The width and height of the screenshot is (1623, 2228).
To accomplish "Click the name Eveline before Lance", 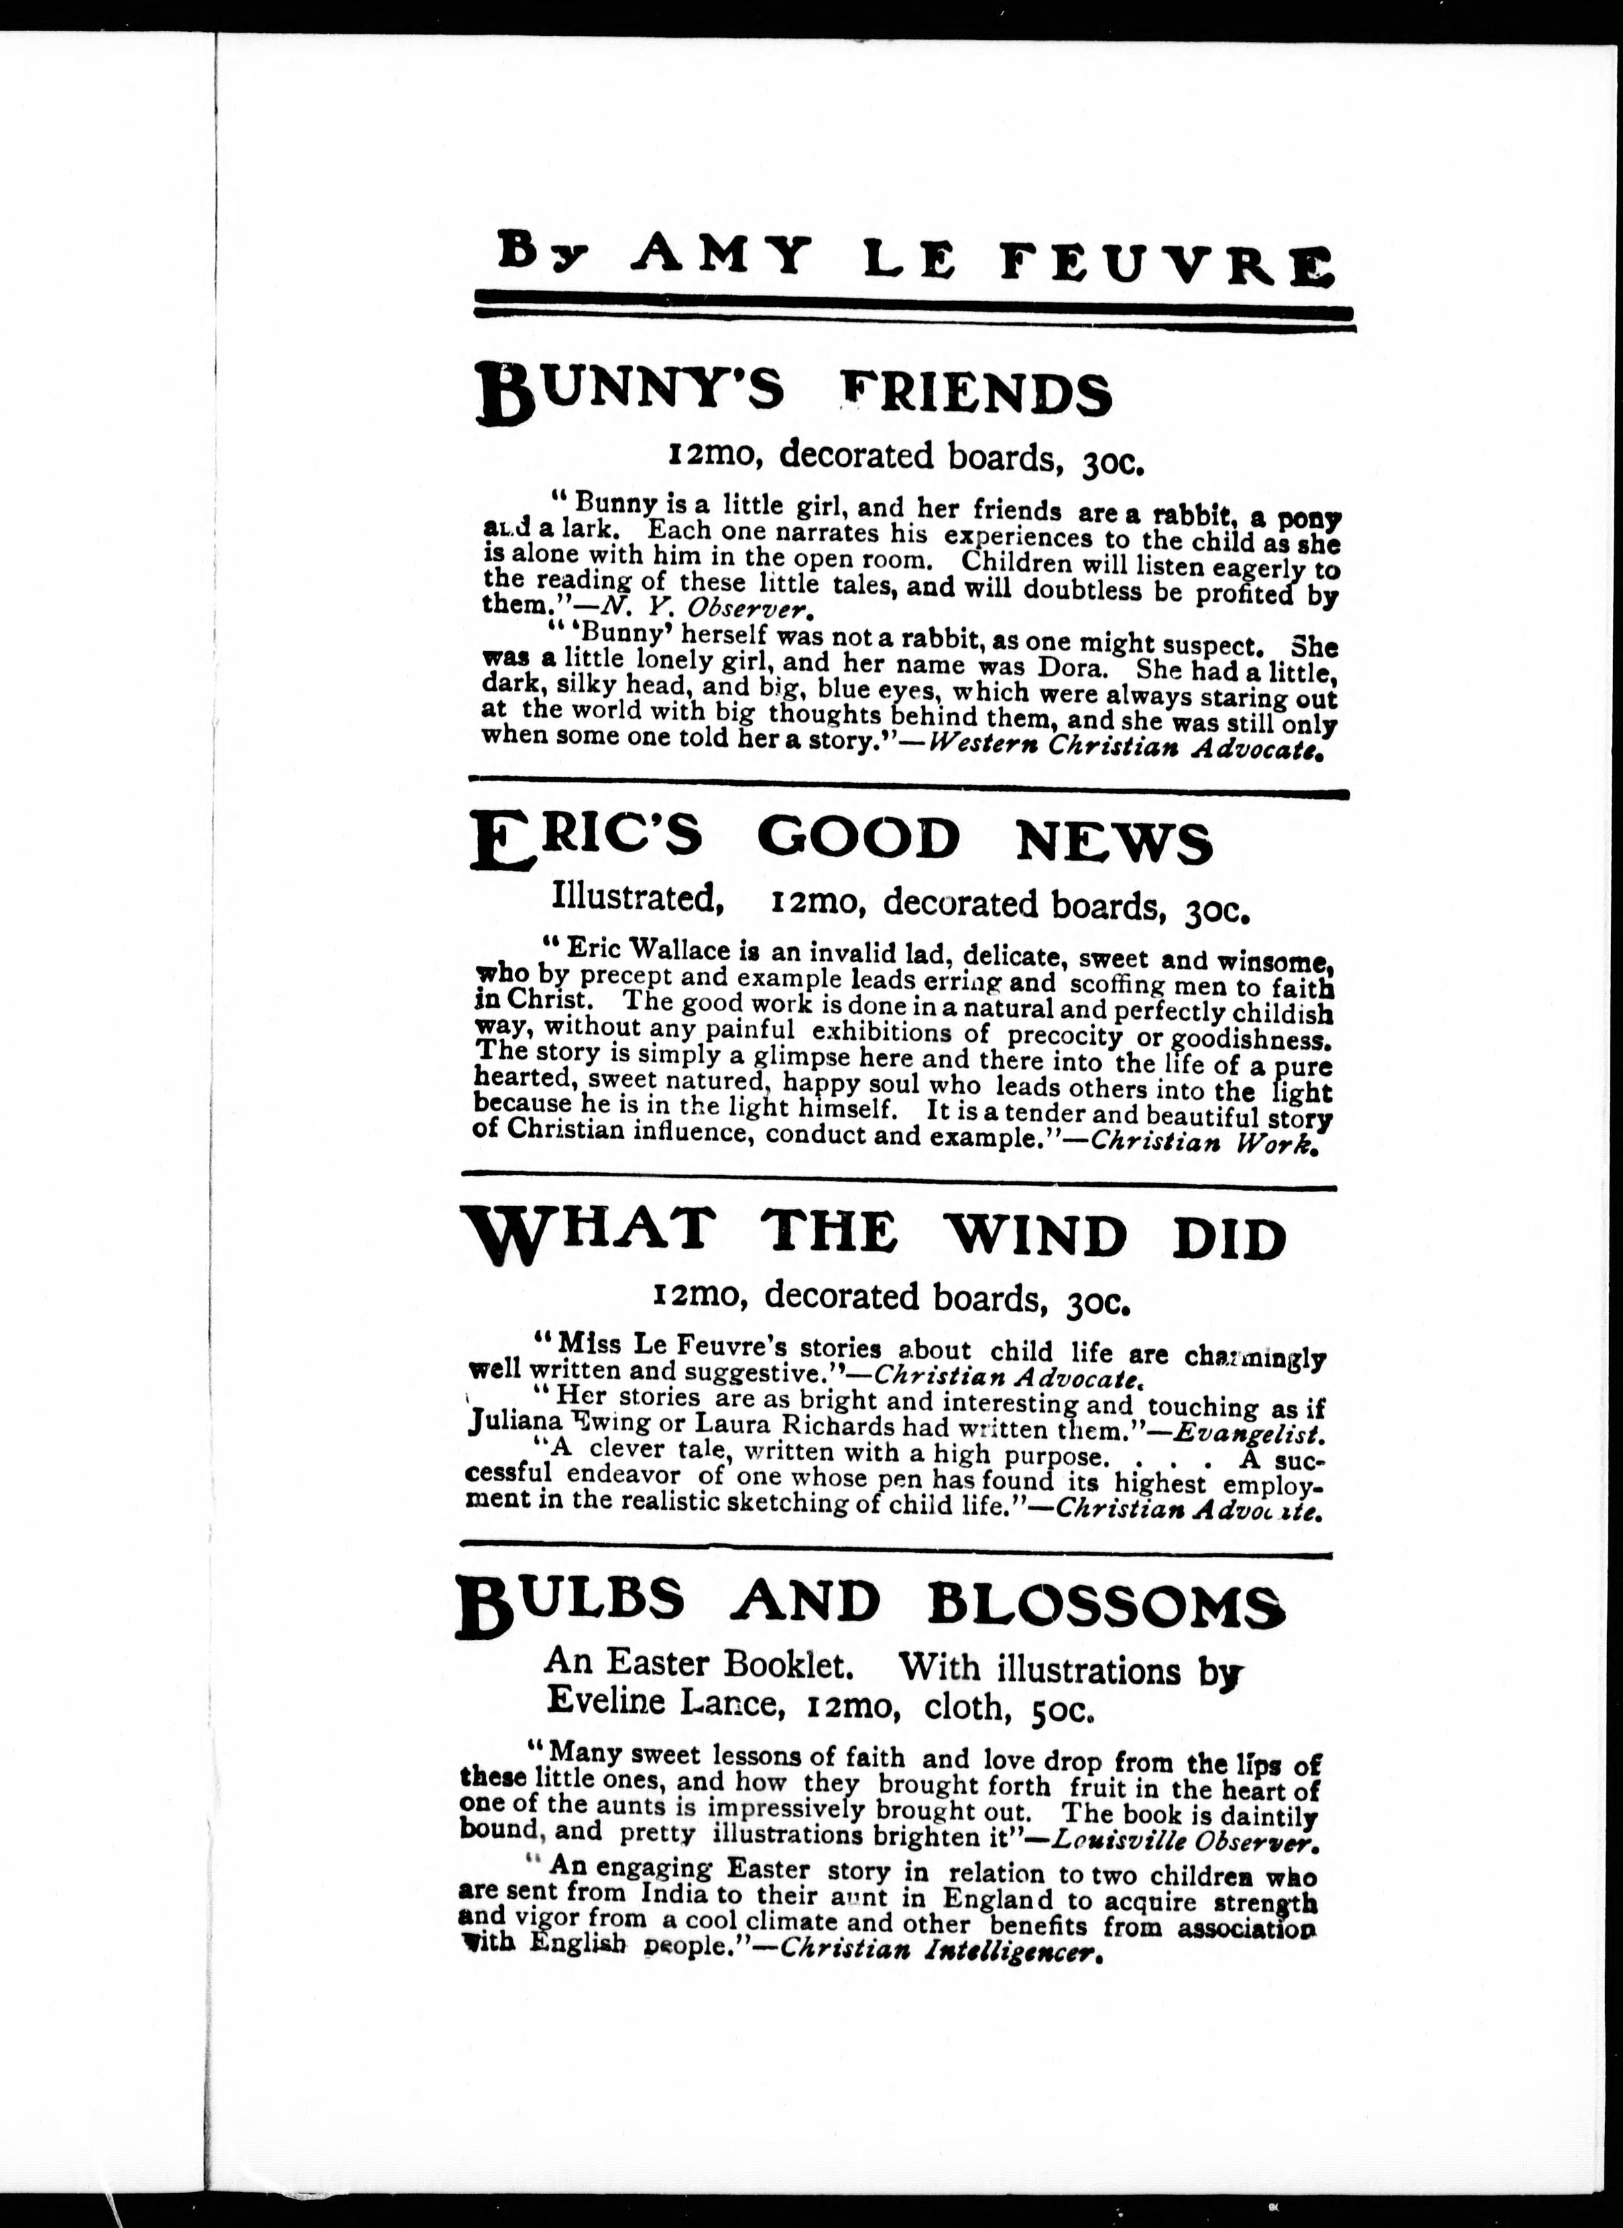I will (606, 1702).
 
